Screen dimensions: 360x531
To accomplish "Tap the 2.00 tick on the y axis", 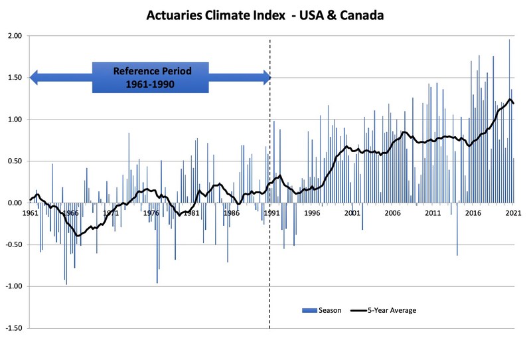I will [14, 36].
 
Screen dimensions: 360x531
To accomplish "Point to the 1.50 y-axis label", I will [14, 78].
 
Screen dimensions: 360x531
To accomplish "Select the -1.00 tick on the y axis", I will [13, 287].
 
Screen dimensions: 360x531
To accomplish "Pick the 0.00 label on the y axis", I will [14, 203].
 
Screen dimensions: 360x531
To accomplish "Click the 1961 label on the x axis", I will [30, 213].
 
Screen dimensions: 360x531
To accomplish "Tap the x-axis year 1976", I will [151, 213].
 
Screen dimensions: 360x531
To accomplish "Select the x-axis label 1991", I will [271, 213].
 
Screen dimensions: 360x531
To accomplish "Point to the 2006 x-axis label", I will [392, 213].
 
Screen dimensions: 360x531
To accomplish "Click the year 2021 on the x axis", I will [512, 213].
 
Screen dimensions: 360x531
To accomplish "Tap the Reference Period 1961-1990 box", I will [151, 78].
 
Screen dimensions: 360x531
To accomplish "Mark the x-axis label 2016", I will [473, 213].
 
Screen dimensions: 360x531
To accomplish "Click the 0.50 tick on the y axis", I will [14, 161].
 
